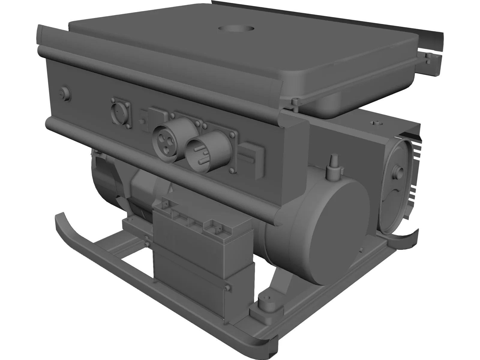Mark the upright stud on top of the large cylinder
pyautogui.click(x=333, y=164)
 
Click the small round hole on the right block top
pyautogui.click(x=376, y=123)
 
